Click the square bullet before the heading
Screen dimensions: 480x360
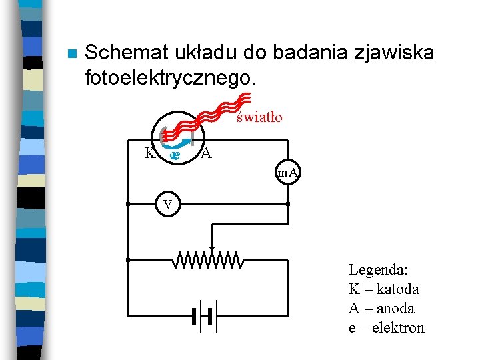72,54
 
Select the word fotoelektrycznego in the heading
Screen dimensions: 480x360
169,77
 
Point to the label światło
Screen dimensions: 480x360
259,117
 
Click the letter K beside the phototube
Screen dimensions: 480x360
150,153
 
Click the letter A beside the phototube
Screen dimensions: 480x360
207,154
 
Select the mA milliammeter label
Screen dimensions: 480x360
288,174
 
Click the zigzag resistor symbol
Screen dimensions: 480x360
208,260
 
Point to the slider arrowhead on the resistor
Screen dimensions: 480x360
212,249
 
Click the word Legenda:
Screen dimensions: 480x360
378,270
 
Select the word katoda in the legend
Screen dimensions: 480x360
398,289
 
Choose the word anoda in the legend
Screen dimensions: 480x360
395,309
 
